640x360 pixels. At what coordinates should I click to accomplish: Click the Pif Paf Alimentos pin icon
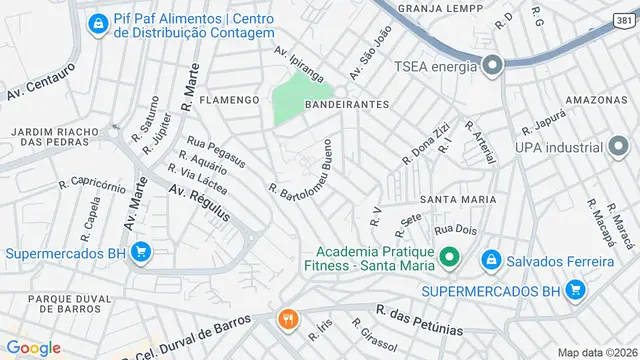(98, 23)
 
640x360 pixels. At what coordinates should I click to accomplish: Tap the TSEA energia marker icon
(491, 67)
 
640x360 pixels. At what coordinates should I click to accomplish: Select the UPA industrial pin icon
(621, 148)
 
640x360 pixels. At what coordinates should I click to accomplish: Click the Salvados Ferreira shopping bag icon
(491, 262)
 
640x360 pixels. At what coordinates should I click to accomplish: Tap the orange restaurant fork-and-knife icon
(288, 319)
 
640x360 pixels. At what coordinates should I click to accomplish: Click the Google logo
(33, 347)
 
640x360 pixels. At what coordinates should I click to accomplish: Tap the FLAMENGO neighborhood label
(229, 101)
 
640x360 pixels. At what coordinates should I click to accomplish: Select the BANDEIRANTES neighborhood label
(347, 104)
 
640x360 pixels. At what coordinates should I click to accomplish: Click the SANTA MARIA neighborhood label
(458, 200)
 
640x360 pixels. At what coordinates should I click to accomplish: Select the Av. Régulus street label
(199, 203)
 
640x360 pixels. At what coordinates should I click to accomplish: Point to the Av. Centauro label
(42, 82)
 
